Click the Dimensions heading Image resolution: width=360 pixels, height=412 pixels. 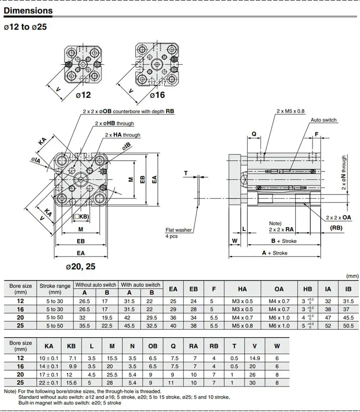(x=28, y=11)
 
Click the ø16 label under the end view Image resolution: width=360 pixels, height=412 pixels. (x=157, y=95)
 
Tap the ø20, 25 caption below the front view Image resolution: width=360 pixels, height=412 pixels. (x=81, y=267)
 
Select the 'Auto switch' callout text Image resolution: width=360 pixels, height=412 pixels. (x=324, y=120)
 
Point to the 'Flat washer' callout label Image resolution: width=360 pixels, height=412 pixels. (x=179, y=230)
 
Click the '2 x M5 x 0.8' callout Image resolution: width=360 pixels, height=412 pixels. (x=290, y=111)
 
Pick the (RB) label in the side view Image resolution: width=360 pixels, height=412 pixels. (x=336, y=228)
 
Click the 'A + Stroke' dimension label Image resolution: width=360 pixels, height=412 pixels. (x=275, y=253)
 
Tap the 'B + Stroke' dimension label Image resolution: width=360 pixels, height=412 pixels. (x=284, y=241)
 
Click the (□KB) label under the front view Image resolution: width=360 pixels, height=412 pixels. (x=81, y=217)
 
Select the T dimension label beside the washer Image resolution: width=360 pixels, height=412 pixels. (x=186, y=173)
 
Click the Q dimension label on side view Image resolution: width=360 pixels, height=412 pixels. (x=254, y=134)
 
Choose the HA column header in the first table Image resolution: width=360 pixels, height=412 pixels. (x=242, y=289)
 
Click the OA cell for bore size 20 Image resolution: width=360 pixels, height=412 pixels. (x=279, y=318)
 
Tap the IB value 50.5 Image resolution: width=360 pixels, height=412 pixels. (x=348, y=326)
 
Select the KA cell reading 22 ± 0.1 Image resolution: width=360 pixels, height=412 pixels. (x=48, y=383)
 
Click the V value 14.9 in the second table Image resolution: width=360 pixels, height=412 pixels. (x=254, y=358)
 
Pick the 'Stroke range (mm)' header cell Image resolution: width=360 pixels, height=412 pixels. (x=55, y=289)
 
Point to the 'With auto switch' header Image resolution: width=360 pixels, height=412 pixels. (x=141, y=285)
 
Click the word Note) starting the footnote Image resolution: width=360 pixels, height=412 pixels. (x=10, y=391)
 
